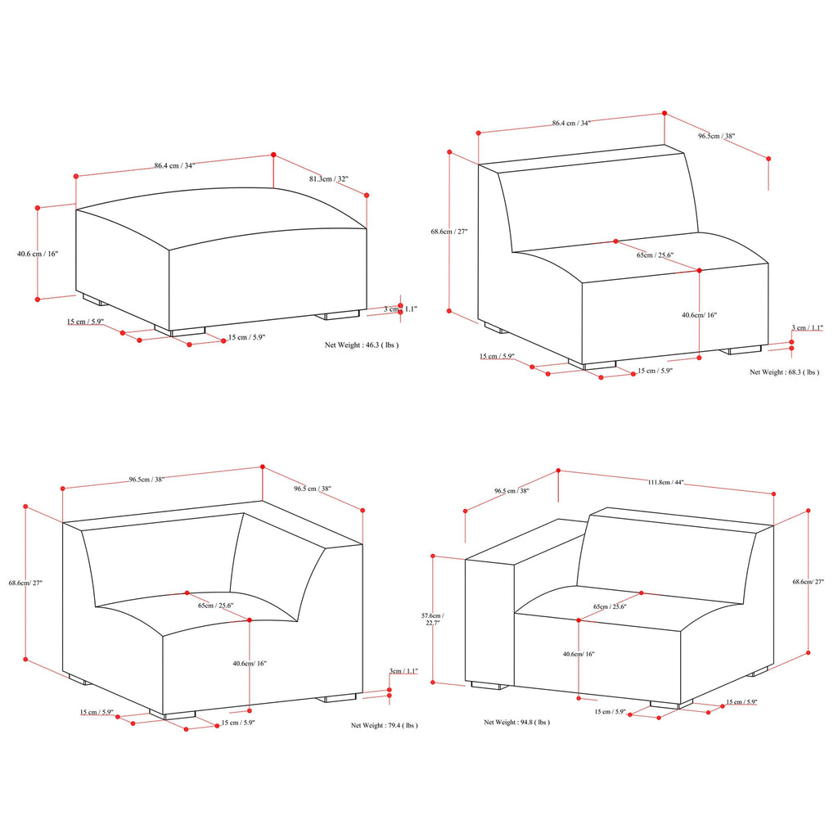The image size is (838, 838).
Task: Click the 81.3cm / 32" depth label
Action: click(328, 178)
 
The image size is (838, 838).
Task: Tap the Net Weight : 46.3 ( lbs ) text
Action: click(361, 345)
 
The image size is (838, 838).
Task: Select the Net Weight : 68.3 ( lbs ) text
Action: click(784, 372)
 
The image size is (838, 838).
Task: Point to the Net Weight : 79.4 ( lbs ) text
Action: click(385, 725)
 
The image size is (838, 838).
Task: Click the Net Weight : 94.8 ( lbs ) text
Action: click(517, 722)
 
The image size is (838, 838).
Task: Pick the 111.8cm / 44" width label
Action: click(665, 482)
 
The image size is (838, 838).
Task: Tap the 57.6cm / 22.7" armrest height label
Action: click(432, 619)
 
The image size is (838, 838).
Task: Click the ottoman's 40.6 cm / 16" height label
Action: click(38, 254)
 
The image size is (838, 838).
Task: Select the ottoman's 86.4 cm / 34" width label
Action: click(175, 165)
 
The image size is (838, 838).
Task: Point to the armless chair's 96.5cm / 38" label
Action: click(716, 136)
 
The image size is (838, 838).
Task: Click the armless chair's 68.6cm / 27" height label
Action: click(449, 232)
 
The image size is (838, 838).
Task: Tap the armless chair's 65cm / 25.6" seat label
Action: click(655, 255)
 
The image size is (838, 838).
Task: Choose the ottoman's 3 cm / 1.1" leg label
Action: click(400, 309)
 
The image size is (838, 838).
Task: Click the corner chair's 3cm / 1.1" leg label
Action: click(403, 671)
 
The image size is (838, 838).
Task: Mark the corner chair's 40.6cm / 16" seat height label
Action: click(249, 663)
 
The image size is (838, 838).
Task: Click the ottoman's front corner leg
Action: click(180, 331)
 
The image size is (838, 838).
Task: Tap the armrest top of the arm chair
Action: click(526, 542)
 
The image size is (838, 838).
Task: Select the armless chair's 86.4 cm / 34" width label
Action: click(571, 123)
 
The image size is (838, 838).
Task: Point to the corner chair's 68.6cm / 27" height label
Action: click(25, 583)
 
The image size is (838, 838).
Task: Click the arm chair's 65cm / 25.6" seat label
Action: click(610, 606)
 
